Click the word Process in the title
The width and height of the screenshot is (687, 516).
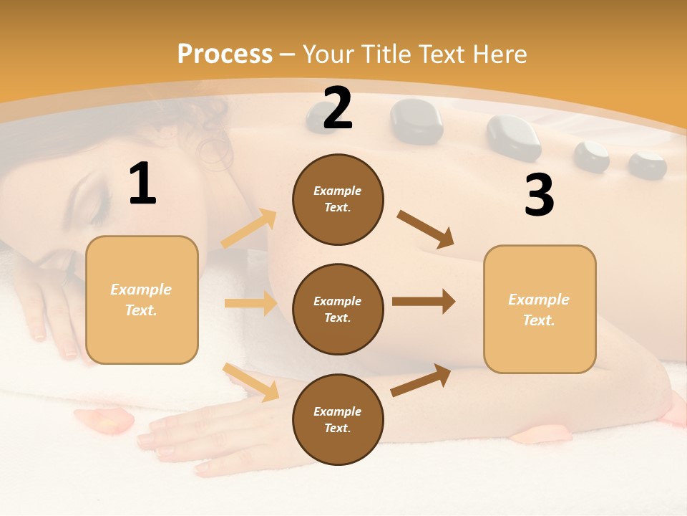tap(225, 54)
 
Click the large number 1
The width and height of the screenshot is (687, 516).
tap(142, 183)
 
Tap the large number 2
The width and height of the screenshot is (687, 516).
tap(338, 108)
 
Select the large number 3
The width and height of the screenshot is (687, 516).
tap(539, 195)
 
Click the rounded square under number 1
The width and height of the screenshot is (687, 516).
tap(142, 300)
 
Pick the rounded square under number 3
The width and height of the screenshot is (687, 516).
tap(540, 309)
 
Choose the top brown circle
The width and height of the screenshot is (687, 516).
tap(338, 199)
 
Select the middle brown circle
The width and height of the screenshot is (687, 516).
tap(338, 309)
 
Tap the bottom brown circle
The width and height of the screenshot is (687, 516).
tap(338, 419)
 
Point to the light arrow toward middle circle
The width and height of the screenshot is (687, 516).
tap(250, 303)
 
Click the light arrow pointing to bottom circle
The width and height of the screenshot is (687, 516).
tap(250, 382)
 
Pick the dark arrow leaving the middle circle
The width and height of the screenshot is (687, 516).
tap(424, 302)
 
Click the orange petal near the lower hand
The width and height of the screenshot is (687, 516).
tap(105, 421)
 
